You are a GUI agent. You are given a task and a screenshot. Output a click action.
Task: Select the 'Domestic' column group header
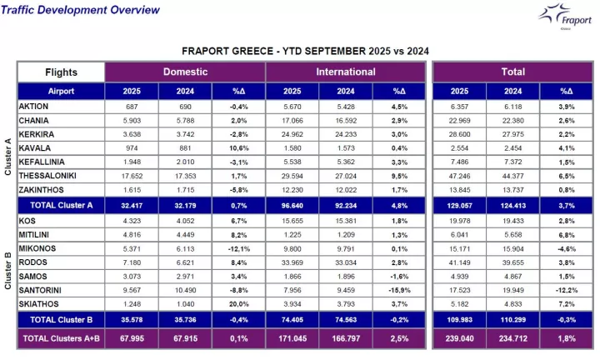point(185,72)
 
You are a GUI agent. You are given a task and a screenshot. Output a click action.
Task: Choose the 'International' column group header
point(345,72)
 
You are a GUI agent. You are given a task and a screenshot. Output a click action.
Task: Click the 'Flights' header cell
point(61,72)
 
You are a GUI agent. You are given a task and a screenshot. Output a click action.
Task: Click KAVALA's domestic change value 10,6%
point(238,147)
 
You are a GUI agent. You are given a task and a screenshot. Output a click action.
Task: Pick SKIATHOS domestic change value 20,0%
point(238,303)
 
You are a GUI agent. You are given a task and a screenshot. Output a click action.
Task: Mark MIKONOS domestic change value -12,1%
point(238,248)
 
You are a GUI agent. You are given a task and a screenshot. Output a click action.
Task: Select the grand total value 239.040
point(458,339)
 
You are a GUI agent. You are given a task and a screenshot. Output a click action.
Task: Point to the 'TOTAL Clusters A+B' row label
point(61,339)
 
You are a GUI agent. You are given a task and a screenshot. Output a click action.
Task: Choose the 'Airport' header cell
point(61,91)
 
